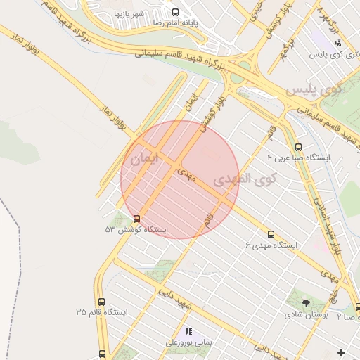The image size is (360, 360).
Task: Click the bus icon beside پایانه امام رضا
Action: point(176,11)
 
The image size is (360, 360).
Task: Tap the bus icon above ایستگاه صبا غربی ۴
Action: point(298,148)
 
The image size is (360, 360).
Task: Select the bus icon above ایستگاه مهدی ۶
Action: point(271,234)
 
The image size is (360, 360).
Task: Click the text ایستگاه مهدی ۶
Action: point(271,245)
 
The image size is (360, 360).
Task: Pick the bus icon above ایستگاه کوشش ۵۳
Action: point(136,219)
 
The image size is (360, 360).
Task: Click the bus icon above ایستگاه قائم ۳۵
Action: point(102,300)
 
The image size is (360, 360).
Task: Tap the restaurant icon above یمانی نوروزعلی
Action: point(188,330)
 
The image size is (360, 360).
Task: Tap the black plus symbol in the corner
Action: point(342,352)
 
